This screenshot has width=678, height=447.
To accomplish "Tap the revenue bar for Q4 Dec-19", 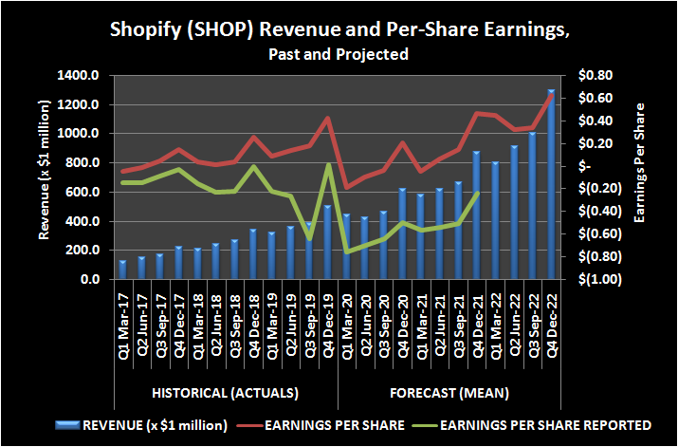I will pos(326,242).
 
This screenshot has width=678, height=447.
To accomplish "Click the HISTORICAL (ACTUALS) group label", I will pos(226,392).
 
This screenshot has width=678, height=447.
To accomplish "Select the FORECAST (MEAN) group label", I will pos(449,392).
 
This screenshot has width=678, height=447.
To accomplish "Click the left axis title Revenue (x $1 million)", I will pos(46,178).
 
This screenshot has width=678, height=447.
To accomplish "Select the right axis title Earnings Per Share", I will pos(641,162).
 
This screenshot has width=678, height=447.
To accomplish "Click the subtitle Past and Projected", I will pos(339,54).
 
